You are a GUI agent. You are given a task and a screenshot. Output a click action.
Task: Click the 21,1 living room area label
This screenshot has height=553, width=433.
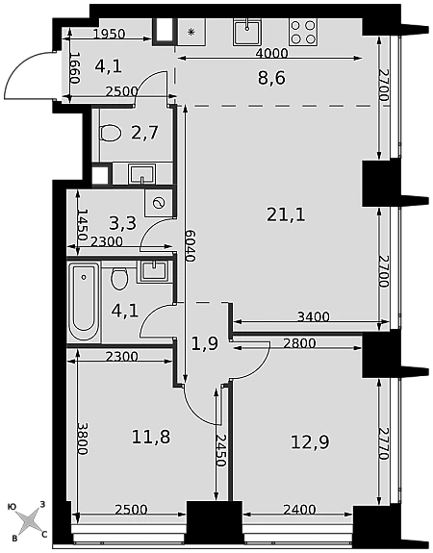(286, 214)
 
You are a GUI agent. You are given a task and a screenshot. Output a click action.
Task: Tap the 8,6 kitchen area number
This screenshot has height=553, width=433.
(271, 78)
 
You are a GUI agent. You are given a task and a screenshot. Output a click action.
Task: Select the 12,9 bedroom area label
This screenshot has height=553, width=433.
(310, 441)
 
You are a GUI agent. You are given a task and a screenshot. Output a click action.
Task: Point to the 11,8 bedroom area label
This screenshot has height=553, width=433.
(151, 437)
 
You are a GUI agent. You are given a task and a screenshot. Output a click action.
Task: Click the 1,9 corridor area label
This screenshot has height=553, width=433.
(205, 343)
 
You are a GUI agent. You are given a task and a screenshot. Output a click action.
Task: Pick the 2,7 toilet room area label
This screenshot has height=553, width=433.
(144, 133)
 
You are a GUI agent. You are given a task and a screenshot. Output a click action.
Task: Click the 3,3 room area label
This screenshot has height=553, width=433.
(122, 223)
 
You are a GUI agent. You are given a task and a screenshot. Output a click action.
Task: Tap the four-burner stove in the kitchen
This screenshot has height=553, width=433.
(303, 32)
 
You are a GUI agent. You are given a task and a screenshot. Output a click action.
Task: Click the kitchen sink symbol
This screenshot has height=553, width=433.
(247, 32)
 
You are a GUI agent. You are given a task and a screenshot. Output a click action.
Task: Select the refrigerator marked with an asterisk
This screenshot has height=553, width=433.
(191, 32)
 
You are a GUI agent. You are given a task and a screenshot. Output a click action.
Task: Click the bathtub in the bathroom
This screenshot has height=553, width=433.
(84, 302)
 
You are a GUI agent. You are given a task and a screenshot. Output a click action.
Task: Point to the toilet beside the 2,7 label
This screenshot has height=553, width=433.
(110, 133)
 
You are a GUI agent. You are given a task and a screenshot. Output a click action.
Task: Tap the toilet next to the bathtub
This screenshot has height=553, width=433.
(119, 279)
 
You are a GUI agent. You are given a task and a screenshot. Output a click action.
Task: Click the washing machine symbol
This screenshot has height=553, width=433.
(159, 203)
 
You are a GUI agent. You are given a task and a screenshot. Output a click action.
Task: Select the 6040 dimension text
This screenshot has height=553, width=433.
(191, 246)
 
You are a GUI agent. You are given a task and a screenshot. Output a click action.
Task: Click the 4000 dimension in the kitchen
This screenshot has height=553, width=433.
(271, 53)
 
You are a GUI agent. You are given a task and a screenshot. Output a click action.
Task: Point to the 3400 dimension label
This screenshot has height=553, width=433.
(314, 316)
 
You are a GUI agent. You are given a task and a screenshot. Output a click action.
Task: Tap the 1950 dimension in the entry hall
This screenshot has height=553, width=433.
(110, 34)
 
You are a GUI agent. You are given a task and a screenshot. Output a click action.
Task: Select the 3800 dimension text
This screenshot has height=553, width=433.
(83, 439)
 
